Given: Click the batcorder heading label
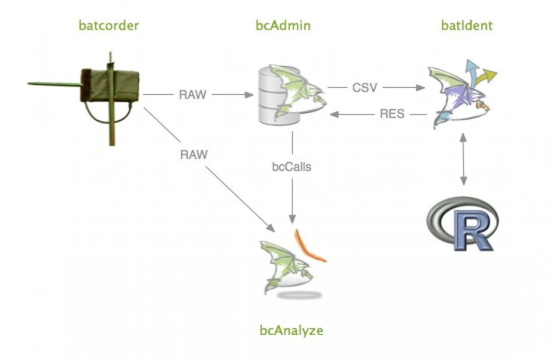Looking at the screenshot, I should pyautogui.click(x=109, y=26).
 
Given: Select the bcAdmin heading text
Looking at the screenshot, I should pyautogui.click(x=283, y=26).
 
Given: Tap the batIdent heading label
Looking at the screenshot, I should pyautogui.click(x=466, y=26).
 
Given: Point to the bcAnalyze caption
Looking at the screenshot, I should pyautogui.click(x=291, y=331).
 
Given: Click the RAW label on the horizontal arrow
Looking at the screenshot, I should pyautogui.click(x=193, y=94).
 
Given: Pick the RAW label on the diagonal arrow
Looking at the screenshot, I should pyautogui.click(x=193, y=154).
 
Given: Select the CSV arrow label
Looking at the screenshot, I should pyautogui.click(x=365, y=88).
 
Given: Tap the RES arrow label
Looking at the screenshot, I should pyautogui.click(x=392, y=114).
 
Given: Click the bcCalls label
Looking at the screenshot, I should pyautogui.click(x=292, y=167).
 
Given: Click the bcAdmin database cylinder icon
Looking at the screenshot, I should pyautogui.click(x=274, y=96).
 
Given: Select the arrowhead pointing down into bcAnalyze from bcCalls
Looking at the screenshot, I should pyautogui.click(x=292, y=215).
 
